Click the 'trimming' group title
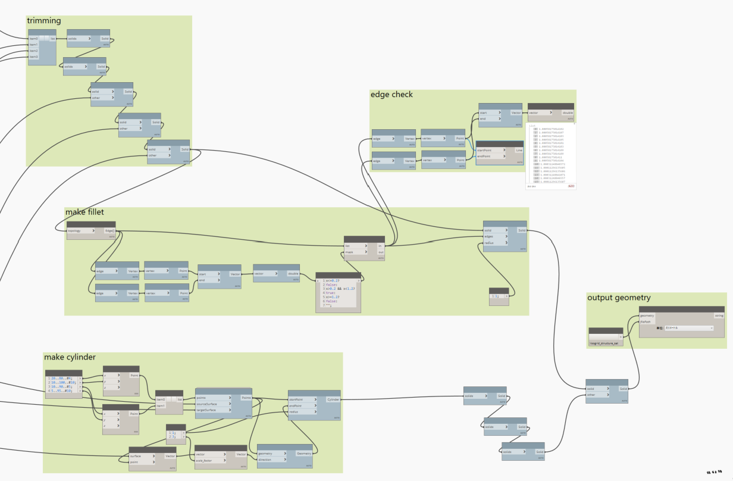click(x=44, y=21)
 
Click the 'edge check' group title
click(x=391, y=94)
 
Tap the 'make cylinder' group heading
click(x=70, y=357)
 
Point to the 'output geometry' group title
click(x=619, y=298)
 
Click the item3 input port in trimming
click(x=34, y=57)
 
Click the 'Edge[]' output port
click(x=109, y=230)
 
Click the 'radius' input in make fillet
click(x=496, y=243)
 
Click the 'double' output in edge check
click(x=568, y=113)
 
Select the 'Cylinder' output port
click(x=333, y=399)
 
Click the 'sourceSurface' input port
click(x=211, y=404)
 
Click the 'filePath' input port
click(x=645, y=321)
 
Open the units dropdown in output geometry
click(x=688, y=328)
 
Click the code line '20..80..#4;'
click(x=61, y=377)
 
